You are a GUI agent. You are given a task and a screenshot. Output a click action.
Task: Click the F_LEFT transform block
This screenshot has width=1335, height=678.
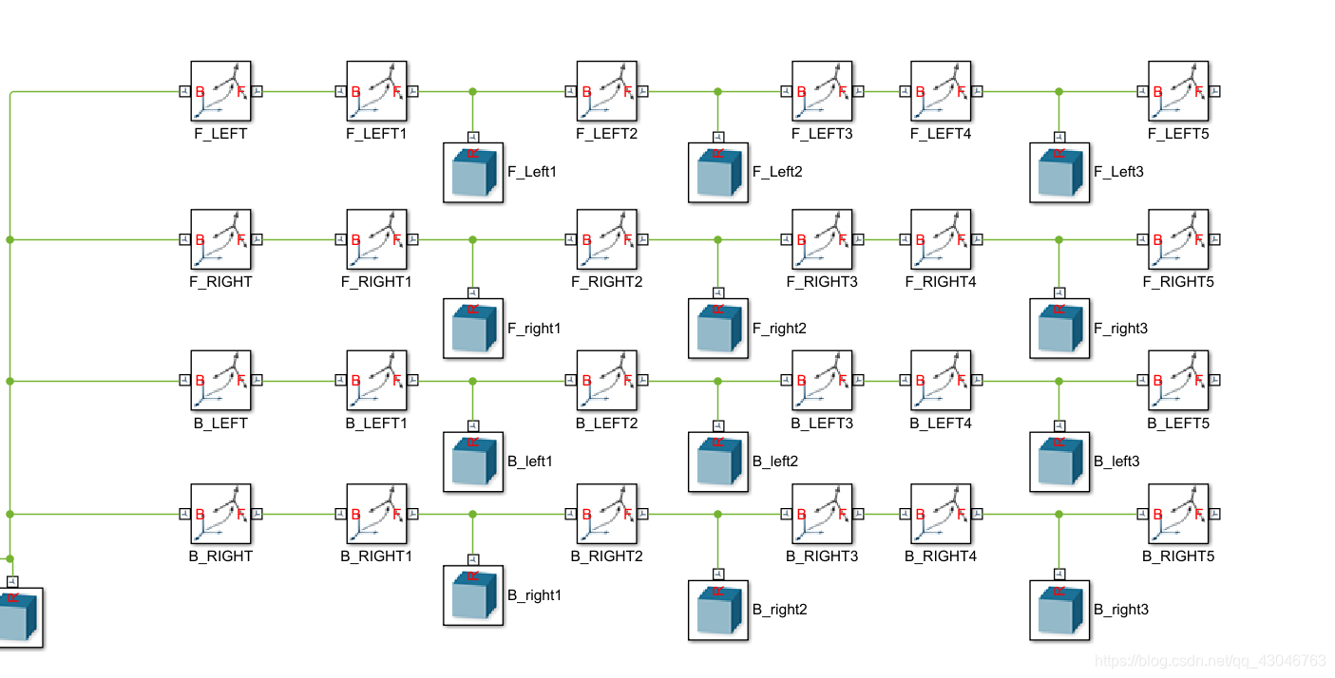point(220,91)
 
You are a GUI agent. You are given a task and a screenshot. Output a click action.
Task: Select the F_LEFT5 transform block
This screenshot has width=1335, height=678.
point(1178,91)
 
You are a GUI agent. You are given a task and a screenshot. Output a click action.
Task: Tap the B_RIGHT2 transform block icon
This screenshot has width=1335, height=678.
point(606,514)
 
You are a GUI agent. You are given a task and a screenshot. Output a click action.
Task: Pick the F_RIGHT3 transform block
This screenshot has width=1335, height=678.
point(822,239)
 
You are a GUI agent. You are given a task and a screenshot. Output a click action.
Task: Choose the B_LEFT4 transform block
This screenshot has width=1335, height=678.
point(941,381)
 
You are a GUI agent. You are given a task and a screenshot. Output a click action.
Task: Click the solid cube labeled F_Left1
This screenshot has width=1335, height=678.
point(473,172)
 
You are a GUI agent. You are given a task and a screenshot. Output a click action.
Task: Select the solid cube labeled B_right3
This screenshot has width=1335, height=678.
point(1059,610)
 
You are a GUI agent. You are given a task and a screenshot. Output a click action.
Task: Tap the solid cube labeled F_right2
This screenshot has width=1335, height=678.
point(718,329)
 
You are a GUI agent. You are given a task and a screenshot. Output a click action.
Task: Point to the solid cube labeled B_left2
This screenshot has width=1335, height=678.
point(718,461)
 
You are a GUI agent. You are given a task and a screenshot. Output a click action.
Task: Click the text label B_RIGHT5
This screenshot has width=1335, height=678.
point(1178,556)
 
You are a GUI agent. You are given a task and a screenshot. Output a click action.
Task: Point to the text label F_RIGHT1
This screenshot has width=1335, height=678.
point(376,282)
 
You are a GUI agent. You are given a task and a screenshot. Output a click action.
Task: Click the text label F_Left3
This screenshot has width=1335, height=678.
point(1118,172)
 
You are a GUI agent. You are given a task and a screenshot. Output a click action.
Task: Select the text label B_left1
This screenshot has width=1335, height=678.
point(529,461)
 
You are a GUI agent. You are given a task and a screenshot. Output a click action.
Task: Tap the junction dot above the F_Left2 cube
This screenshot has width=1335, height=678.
point(718,92)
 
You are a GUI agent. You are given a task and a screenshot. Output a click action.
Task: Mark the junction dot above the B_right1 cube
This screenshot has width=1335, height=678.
point(472,514)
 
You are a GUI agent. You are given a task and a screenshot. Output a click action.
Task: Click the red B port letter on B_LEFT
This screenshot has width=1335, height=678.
point(200,381)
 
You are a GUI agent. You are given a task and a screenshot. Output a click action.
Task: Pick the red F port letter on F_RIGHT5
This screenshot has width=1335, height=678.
point(1197,240)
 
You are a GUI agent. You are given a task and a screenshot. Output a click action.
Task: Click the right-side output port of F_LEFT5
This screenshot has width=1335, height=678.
point(1214,91)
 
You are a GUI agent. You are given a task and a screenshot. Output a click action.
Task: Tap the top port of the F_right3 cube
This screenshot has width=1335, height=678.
point(1059,291)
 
